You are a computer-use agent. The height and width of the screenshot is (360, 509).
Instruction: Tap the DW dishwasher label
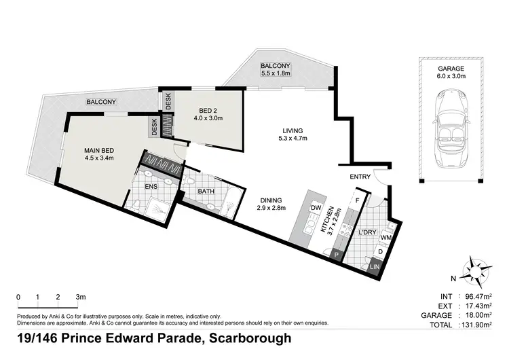(x=315, y=207)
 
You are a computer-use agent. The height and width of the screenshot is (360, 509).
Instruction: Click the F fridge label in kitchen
(x=357, y=202)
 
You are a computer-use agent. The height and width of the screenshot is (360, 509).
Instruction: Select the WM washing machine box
(x=386, y=238)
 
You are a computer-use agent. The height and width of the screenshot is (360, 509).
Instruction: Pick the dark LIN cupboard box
(x=375, y=267)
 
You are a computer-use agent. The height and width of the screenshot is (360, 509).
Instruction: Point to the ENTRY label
(x=360, y=177)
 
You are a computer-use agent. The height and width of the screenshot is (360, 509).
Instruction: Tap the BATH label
(x=206, y=192)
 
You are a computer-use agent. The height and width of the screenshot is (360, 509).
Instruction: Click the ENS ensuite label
(x=151, y=185)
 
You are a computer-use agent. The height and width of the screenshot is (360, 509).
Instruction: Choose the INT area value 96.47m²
(x=479, y=297)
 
